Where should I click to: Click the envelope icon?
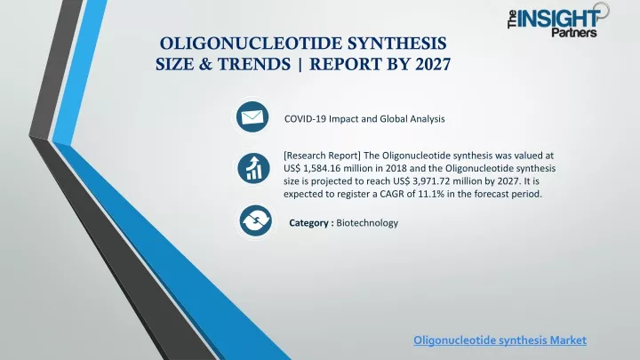pyautogui.click(x=252, y=117)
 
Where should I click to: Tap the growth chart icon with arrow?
pyautogui.click(x=253, y=168)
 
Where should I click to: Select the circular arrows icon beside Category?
pyautogui.click(x=255, y=220)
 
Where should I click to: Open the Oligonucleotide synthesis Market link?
pyautogui.click(x=500, y=340)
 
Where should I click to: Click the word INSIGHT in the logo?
pyautogui.click(x=558, y=19)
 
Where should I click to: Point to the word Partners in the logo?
pyautogui.click(x=574, y=33)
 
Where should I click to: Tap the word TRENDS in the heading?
pyautogui.click(x=254, y=64)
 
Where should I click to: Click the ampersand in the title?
pyautogui.click(x=205, y=64)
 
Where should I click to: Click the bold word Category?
pyautogui.click(x=308, y=223)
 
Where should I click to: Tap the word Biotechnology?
pyautogui.click(x=367, y=223)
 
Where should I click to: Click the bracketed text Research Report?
pyautogui.click(x=322, y=156)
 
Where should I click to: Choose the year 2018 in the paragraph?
pyautogui.click(x=396, y=169)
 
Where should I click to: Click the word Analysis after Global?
pyautogui.click(x=428, y=119)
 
